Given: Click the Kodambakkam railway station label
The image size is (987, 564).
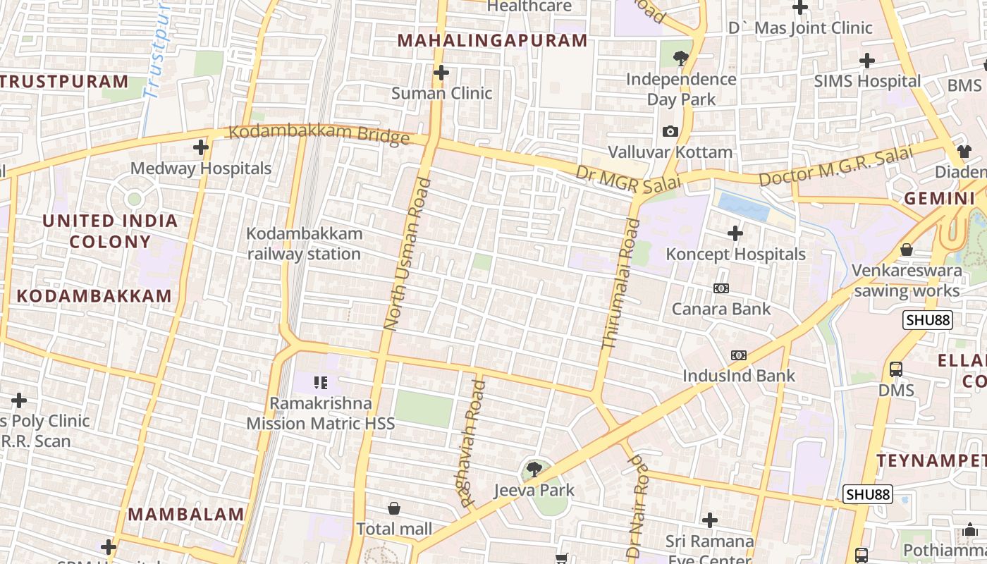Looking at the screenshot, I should [x=304, y=243].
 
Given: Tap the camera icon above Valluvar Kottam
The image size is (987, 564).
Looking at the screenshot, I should [x=670, y=131].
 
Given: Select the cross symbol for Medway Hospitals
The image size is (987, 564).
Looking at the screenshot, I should [x=201, y=147].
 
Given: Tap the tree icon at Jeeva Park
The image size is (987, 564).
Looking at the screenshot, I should [x=534, y=469].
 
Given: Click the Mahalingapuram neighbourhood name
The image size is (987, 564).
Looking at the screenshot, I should [x=492, y=41].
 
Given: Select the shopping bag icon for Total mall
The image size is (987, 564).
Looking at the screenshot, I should [x=394, y=508].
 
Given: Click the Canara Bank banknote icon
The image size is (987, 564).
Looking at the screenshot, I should [x=721, y=288].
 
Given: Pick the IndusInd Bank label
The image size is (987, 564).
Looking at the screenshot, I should [x=738, y=376].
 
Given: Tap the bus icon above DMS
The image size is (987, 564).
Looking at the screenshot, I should [x=895, y=369].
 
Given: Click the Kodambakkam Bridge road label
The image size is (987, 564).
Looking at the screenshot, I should [x=319, y=133].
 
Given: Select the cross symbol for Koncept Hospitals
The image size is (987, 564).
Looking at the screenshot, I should [x=735, y=233].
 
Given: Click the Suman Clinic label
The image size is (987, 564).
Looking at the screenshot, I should [x=441, y=93].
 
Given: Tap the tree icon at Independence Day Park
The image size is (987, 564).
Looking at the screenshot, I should [x=681, y=59].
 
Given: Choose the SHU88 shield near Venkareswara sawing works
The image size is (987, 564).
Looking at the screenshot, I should [x=928, y=320].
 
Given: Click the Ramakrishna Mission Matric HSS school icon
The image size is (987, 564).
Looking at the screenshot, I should [x=321, y=383].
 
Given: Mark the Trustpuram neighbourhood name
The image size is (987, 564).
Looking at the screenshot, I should [x=63, y=81].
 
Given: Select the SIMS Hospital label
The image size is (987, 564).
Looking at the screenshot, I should [x=867, y=81].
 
